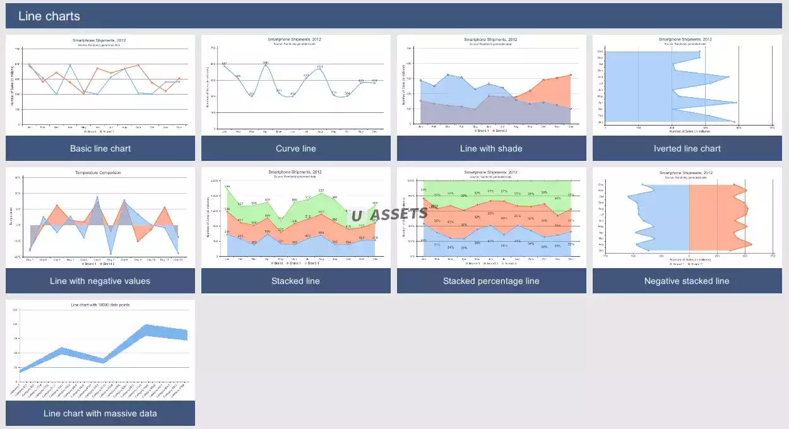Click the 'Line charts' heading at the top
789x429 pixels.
(49, 16)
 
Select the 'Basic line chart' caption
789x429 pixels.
(100, 148)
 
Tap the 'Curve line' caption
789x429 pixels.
(296, 148)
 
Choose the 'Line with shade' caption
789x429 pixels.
(492, 148)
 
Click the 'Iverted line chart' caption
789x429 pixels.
(687, 148)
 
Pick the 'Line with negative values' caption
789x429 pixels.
(100, 281)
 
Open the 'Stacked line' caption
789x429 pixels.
(296, 281)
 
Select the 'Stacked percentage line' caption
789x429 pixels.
(492, 281)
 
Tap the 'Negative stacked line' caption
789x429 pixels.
(687, 281)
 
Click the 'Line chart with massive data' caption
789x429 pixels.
(100, 413)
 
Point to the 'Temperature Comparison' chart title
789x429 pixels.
(98, 172)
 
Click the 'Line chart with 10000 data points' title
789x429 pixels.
(100, 305)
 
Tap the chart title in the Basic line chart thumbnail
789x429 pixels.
(99, 40)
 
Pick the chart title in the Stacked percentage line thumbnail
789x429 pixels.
(490, 172)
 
